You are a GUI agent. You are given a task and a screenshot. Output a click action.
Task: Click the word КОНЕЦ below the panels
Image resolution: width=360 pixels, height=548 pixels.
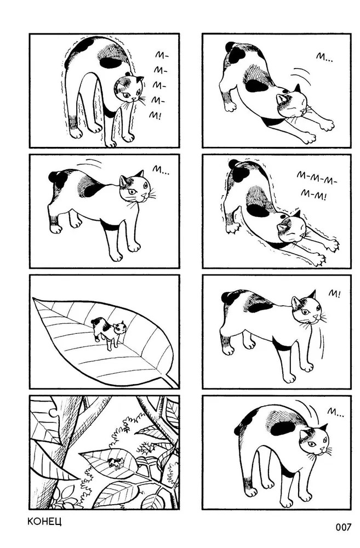(44, 522)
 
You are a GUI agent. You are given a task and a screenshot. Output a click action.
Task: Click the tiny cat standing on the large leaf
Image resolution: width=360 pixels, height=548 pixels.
(108, 333)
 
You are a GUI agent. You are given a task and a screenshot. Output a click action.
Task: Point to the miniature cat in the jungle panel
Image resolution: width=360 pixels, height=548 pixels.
(116, 463)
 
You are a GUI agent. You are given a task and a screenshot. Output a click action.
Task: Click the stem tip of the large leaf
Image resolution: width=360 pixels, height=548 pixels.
(178, 387)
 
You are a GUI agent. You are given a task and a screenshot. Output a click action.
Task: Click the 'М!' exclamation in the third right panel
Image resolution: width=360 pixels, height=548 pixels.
(333, 294)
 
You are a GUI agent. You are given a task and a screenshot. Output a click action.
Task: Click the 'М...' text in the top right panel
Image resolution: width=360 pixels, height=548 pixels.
(324, 58)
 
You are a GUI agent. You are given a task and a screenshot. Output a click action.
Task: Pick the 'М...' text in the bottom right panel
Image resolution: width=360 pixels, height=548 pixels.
(335, 412)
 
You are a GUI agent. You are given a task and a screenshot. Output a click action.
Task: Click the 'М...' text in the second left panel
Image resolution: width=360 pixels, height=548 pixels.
(160, 170)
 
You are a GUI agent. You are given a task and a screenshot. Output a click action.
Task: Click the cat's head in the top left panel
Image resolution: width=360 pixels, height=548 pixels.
(129, 88)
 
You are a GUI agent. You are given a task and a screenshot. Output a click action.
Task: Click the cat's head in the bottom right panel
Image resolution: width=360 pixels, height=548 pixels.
(314, 439)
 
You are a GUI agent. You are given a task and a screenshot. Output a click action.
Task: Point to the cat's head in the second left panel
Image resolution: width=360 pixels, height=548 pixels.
(134, 187)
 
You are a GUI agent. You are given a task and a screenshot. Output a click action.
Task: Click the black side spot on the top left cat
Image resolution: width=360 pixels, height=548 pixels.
(110, 63)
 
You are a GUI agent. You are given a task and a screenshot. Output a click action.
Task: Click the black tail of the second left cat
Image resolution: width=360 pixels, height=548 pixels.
(58, 178)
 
